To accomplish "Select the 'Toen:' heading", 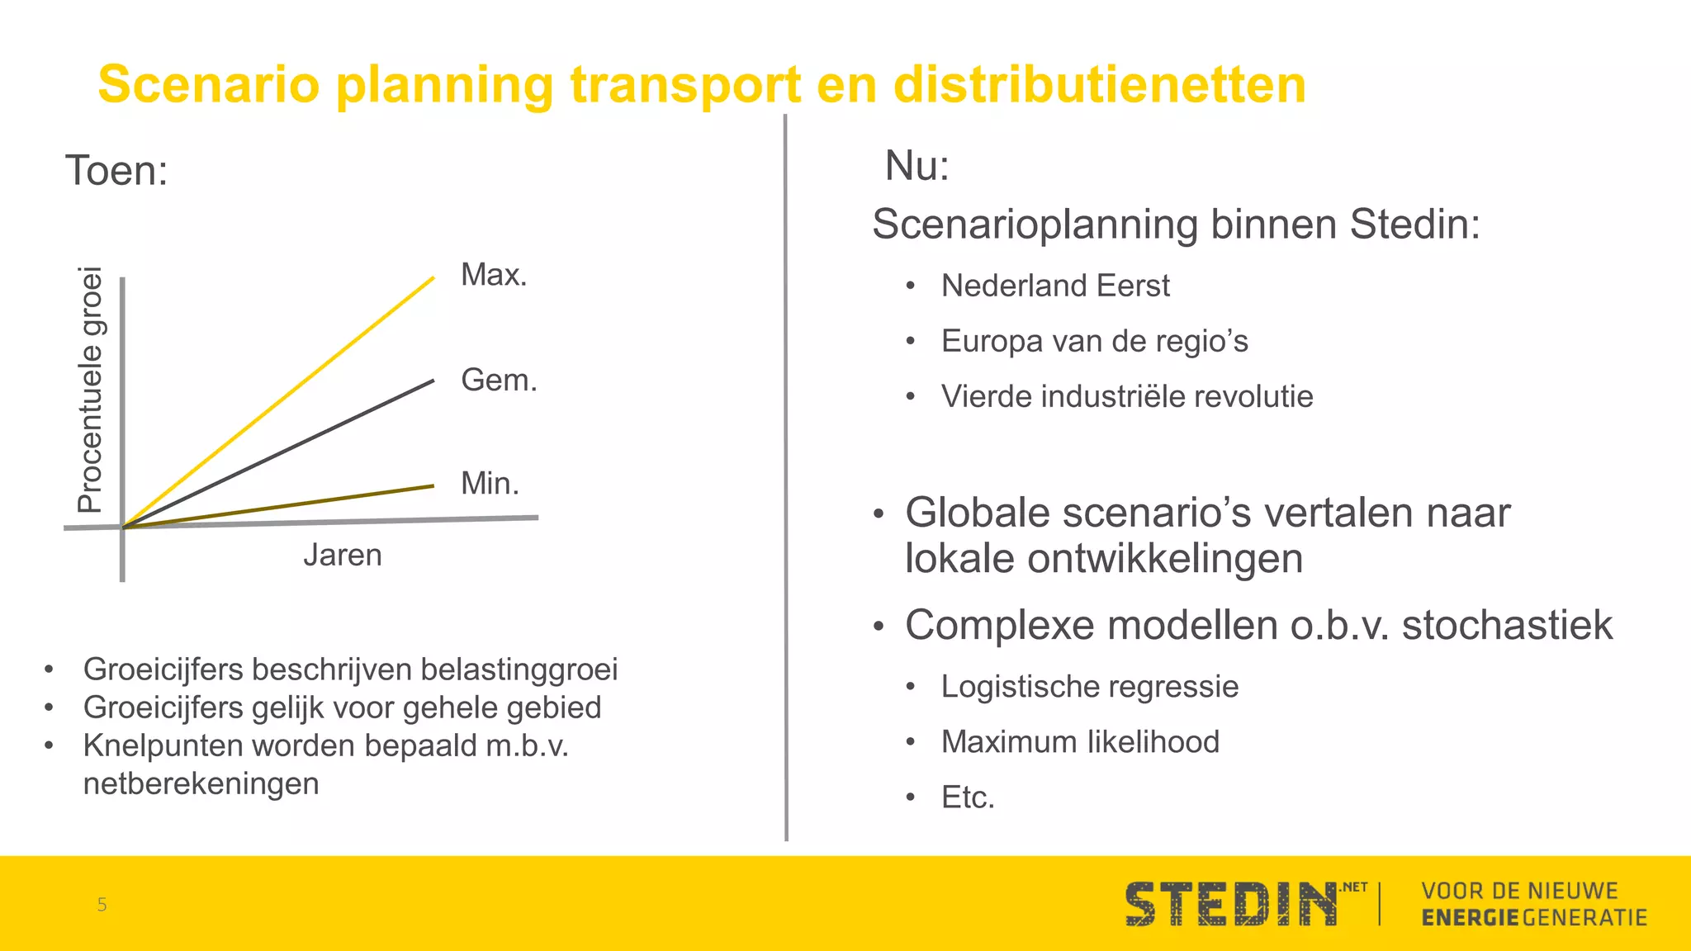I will click(x=116, y=171).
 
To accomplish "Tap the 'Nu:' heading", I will click(x=917, y=165).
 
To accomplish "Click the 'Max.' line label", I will click(x=494, y=274).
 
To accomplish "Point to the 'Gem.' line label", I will click(x=499, y=380).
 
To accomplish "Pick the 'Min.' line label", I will click(x=490, y=483).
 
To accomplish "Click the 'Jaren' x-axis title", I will click(x=342, y=555).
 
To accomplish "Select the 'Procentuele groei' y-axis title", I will click(x=90, y=390).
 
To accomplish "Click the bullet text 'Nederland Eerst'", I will click(x=1055, y=286).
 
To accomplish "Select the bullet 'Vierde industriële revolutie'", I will click(x=1126, y=396).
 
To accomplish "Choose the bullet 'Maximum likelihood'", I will click(x=1080, y=741).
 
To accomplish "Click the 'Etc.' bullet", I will click(x=968, y=797).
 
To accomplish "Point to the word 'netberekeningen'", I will click(x=201, y=783).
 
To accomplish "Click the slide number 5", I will click(x=102, y=904).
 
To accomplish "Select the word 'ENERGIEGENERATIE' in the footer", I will click(x=1534, y=917).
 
